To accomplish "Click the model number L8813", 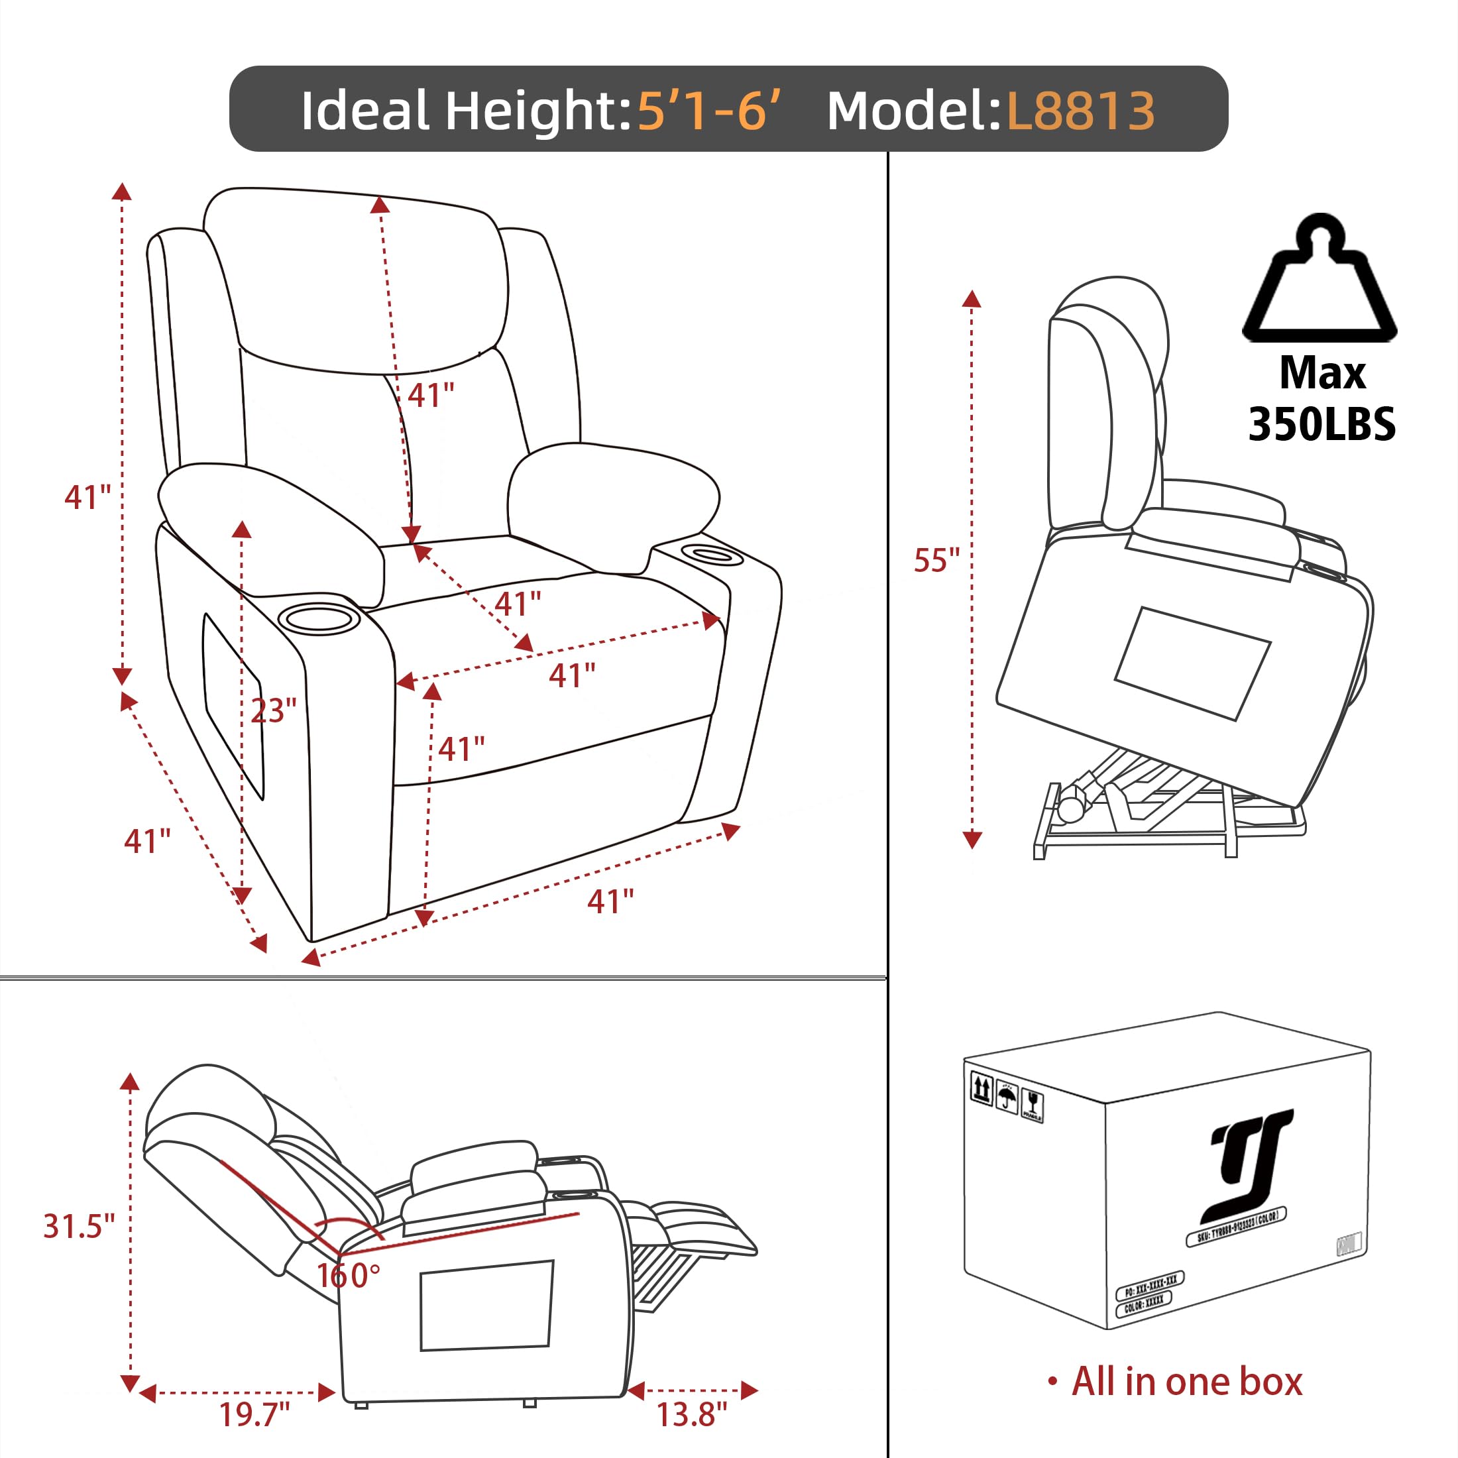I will click(x=1080, y=111).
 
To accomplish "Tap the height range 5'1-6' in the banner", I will click(x=708, y=111).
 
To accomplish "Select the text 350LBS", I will click(x=1321, y=424).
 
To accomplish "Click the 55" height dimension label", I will click(x=936, y=561).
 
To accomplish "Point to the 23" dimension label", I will click(x=273, y=710).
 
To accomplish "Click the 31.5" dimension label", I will click(x=78, y=1226).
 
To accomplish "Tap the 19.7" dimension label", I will click(x=254, y=1414).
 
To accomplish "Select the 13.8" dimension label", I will click(x=691, y=1414).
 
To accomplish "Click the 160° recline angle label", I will click(x=348, y=1275).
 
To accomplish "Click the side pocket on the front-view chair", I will click(x=233, y=706).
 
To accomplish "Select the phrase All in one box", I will click(x=1186, y=1382).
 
